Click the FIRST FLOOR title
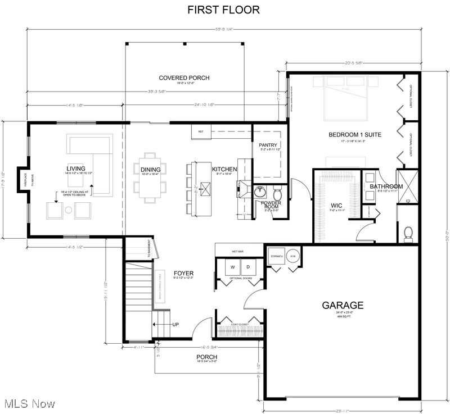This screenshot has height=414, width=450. [223, 10]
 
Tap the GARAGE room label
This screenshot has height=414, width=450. [343, 306]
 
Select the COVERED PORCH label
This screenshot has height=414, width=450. [184, 78]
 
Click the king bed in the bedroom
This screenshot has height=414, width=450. [346, 98]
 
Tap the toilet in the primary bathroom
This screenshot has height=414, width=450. [409, 233]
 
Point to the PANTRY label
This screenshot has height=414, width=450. [264, 145]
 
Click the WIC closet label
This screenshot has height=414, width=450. [337, 205]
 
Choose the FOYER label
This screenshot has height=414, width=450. [183, 274]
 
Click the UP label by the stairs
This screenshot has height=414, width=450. [175, 325]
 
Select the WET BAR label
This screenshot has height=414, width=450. [237, 252]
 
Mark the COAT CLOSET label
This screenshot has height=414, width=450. [240, 324]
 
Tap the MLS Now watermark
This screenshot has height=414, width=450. [29, 403]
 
